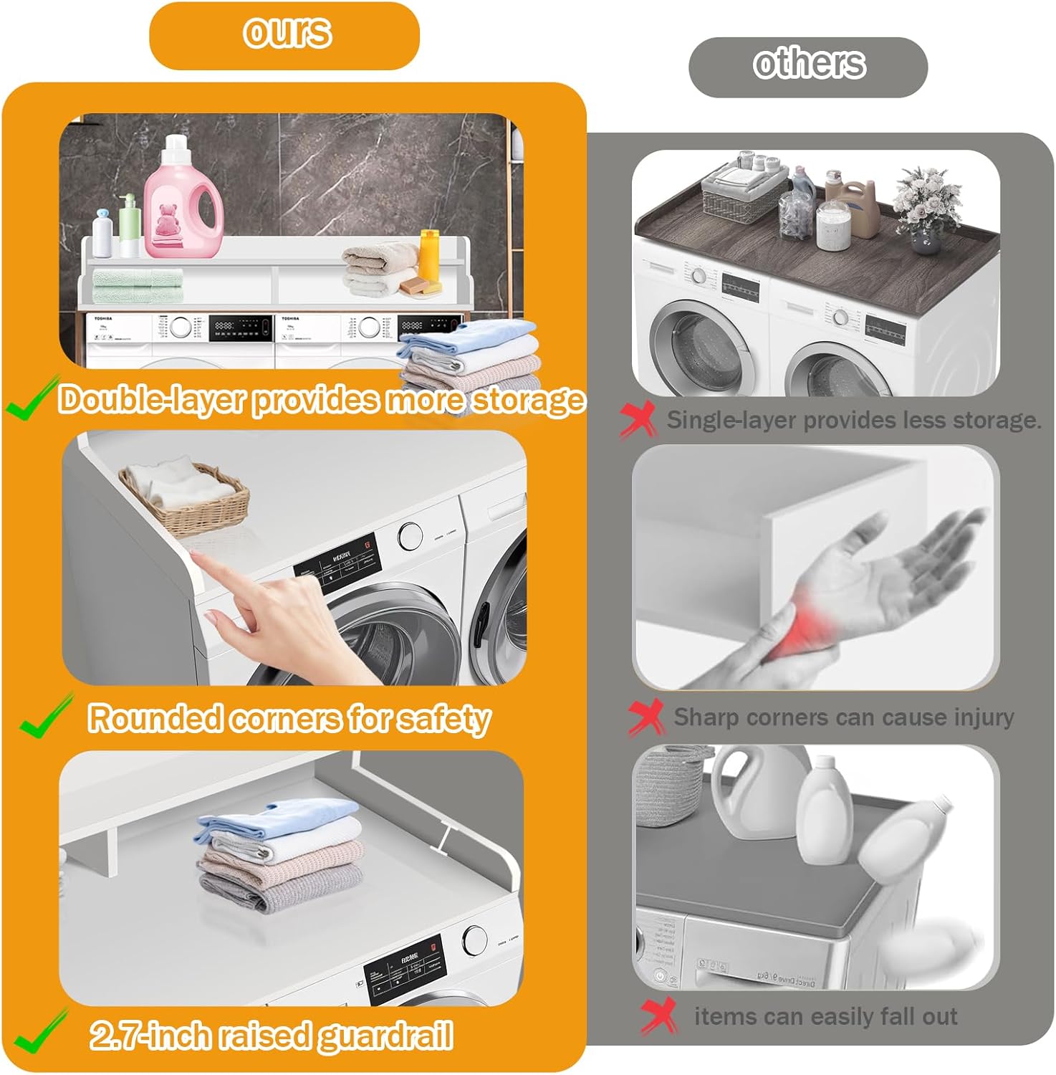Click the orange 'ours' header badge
point(284,35)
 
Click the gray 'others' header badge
point(808,67)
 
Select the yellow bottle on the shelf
point(428,254)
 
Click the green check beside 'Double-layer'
point(30,399)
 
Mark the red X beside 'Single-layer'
point(637,420)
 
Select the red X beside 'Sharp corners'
point(646,717)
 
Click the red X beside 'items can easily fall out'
point(659,1016)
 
